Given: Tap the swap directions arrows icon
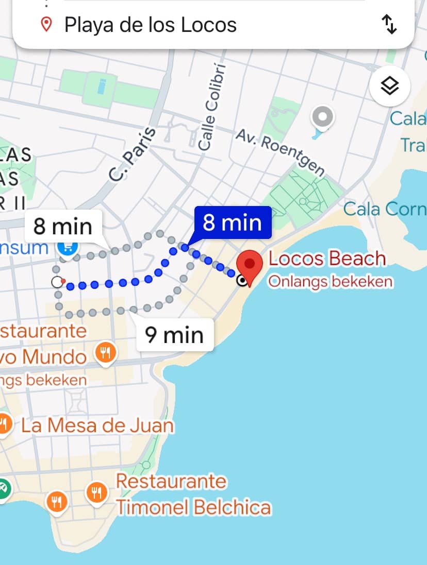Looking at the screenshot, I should point(389,24).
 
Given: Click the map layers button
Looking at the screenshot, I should point(390,86).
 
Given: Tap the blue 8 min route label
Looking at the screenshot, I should point(232,222).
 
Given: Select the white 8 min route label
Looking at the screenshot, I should point(63,226).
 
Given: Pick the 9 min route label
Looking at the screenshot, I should point(174,335).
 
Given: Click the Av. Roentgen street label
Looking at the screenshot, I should point(281,151).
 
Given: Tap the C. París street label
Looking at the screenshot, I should point(133,153).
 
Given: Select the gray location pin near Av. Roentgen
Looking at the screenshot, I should point(323,118).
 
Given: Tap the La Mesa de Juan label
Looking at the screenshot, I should point(97,425).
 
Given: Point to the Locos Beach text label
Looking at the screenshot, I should point(327,259).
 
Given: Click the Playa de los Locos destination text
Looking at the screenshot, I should point(150,25).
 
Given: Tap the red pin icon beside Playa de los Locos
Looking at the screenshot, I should point(46,24).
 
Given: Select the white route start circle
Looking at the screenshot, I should point(57,282).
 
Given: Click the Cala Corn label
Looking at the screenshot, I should point(385,209).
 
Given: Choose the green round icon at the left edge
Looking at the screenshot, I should point(3,487).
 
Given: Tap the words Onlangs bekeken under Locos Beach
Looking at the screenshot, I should point(330,282).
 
